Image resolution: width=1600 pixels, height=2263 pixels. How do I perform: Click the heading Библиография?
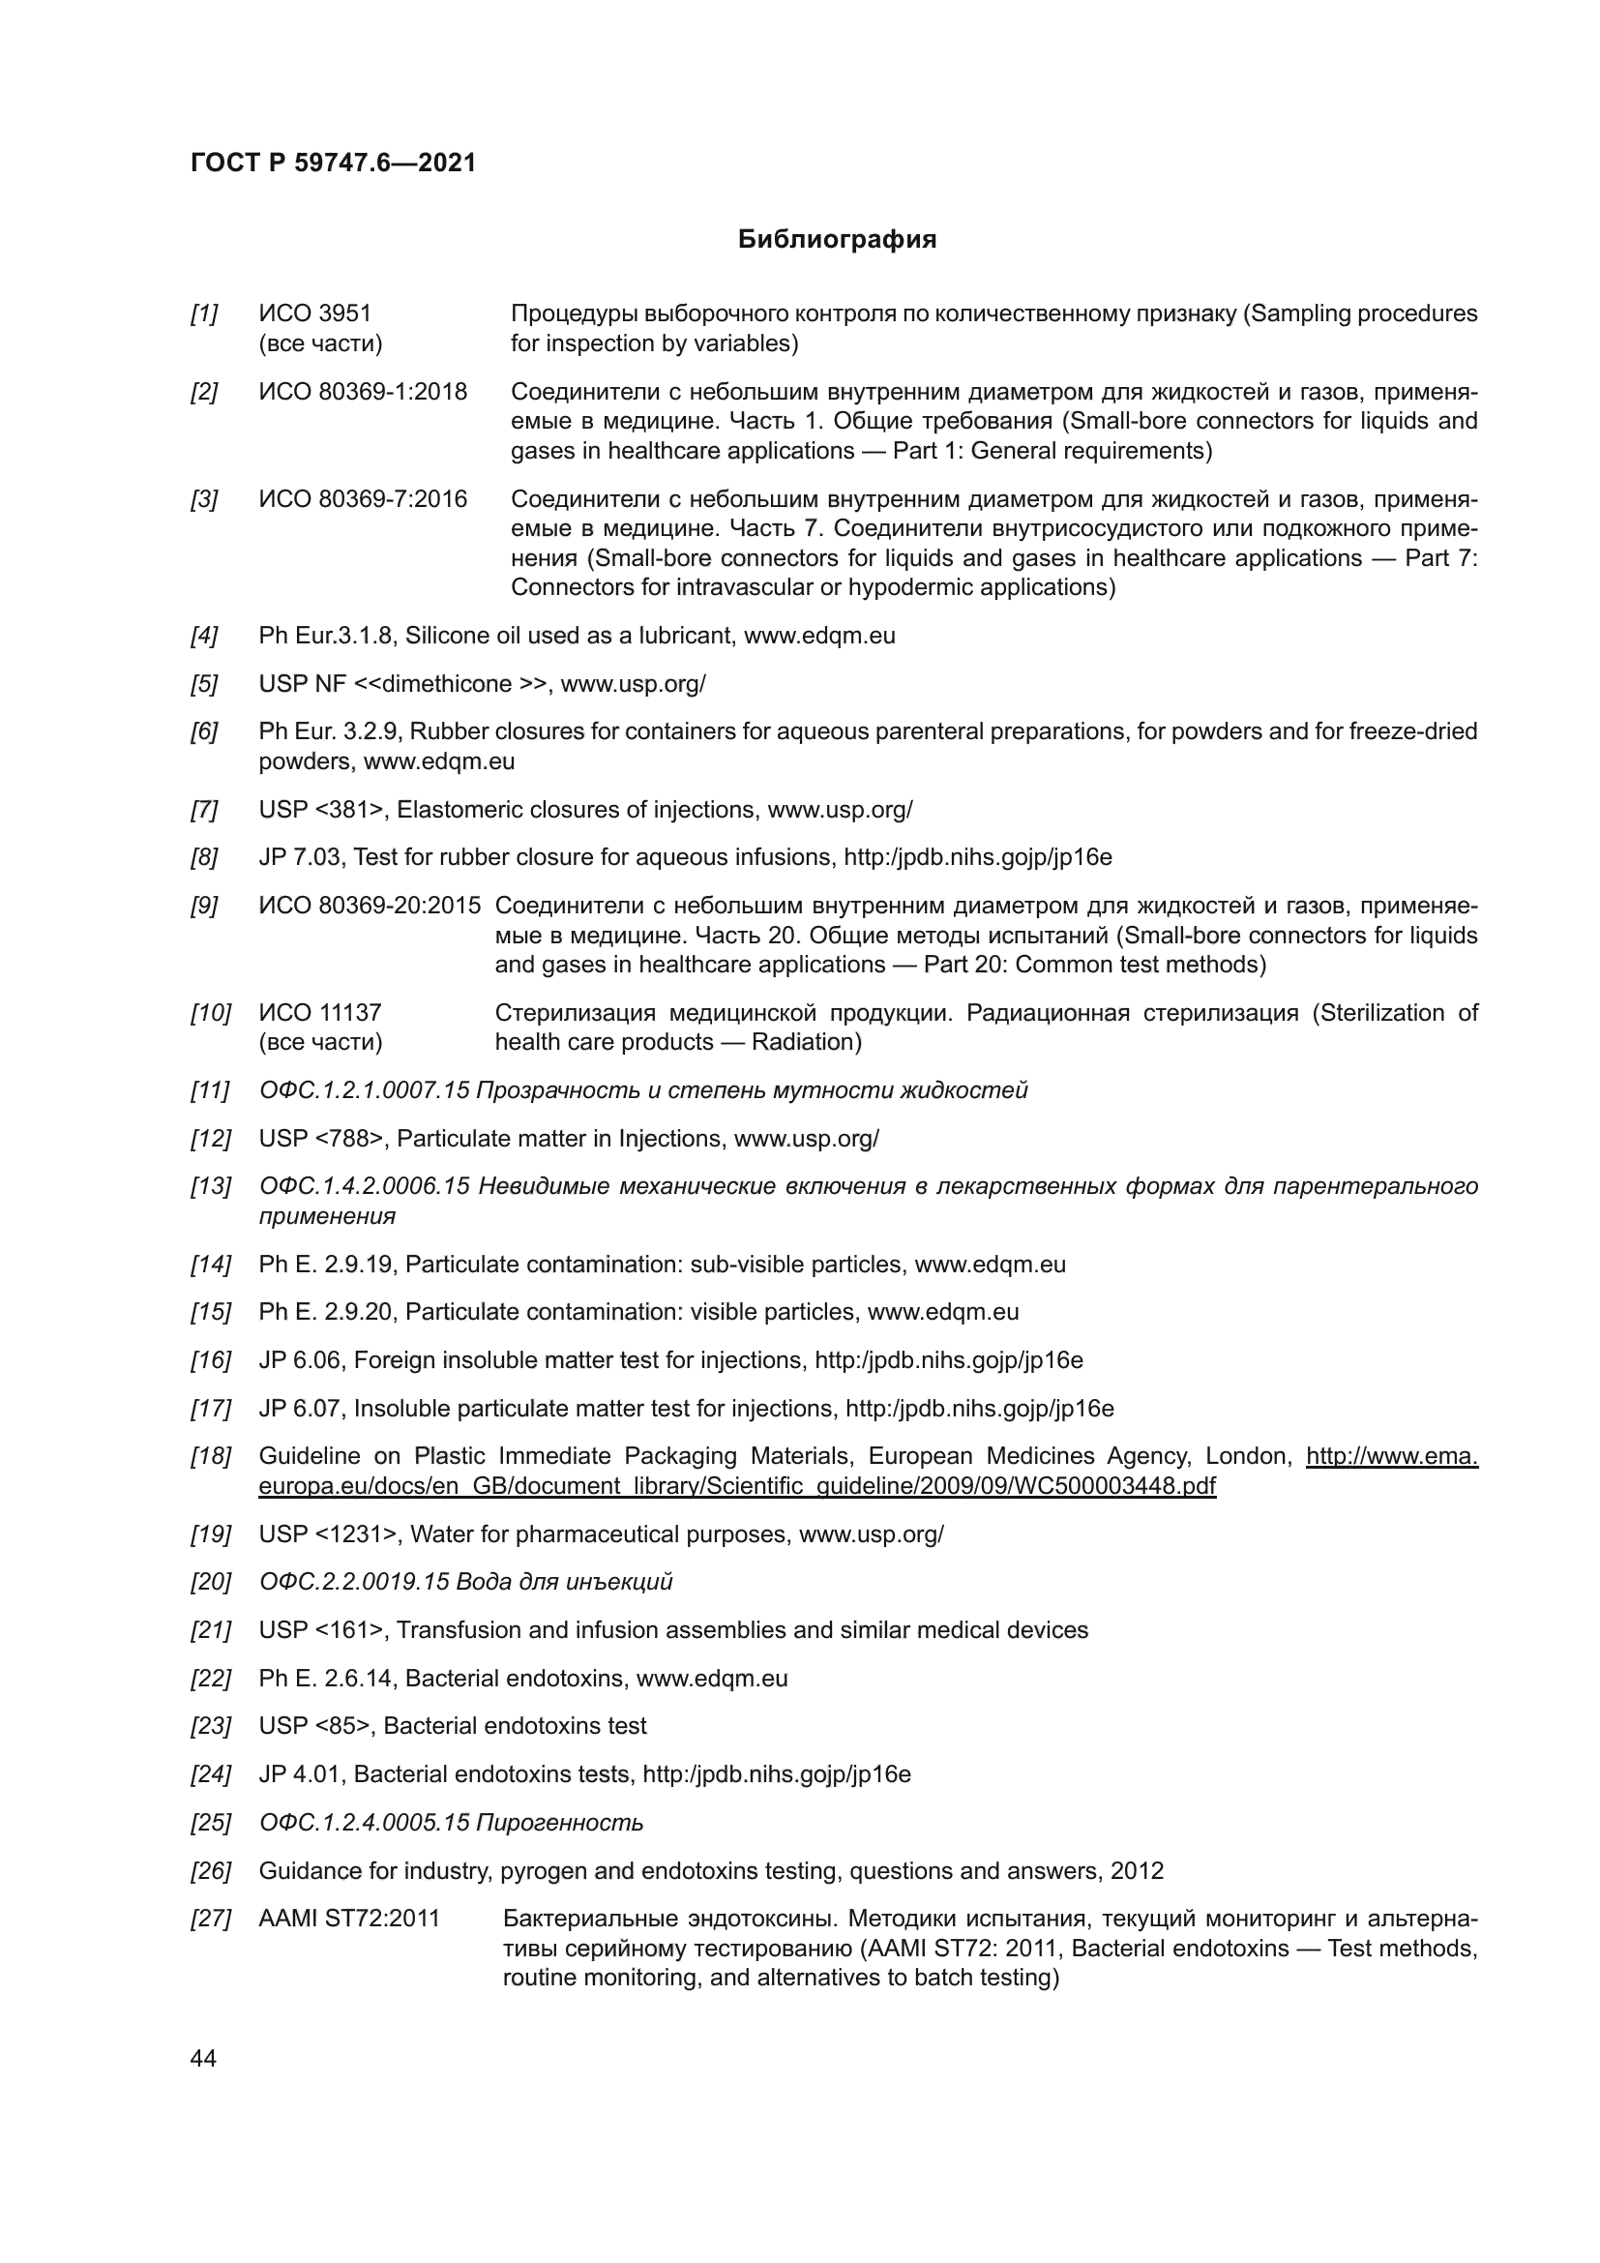click(x=837, y=240)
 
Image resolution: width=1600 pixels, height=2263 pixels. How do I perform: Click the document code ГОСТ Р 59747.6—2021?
click(x=333, y=164)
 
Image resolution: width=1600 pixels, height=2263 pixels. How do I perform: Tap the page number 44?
click(x=203, y=2058)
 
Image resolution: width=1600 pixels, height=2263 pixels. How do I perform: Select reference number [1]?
click(x=204, y=314)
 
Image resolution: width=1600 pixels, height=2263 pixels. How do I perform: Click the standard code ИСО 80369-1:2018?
click(x=363, y=392)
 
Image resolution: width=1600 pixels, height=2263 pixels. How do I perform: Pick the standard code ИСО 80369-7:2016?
click(x=363, y=499)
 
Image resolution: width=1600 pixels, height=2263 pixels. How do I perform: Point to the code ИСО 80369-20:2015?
click(x=370, y=906)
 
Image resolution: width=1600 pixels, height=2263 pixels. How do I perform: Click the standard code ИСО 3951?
click(x=315, y=314)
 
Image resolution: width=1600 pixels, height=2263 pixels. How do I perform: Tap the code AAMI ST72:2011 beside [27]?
click(x=349, y=1919)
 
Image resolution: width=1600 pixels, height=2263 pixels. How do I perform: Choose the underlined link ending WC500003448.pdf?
click(x=737, y=1486)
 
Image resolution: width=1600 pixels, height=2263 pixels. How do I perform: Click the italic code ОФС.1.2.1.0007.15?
click(x=364, y=1091)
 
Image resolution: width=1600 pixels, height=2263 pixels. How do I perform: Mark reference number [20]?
click(x=210, y=1583)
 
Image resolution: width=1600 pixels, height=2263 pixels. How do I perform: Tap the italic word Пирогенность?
click(x=558, y=1824)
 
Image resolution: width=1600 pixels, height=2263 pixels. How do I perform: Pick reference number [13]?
click(x=210, y=1187)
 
